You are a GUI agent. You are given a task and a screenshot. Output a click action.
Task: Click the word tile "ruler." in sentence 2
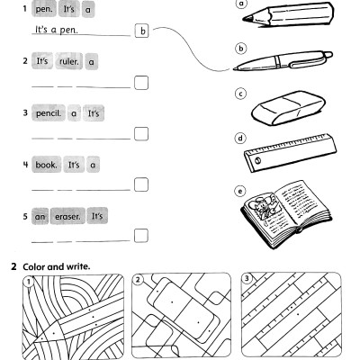click(69, 61)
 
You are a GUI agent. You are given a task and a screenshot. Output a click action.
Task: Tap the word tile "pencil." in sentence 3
click(49, 113)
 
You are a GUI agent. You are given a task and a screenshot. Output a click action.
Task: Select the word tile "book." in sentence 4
click(46, 165)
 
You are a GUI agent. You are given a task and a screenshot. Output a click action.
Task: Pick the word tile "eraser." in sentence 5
click(67, 216)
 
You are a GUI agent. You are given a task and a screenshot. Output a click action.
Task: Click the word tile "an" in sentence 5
click(40, 216)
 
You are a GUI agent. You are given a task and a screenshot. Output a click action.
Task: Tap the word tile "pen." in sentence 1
click(44, 9)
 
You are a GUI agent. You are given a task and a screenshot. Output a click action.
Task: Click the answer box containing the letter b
click(142, 31)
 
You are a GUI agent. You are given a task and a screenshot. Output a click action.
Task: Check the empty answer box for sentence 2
click(141, 83)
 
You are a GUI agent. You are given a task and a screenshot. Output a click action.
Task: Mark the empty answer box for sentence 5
click(141, 236)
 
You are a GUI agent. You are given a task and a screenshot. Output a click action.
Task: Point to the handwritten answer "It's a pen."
click(57, 30)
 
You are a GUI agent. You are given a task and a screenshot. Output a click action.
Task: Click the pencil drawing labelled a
click(288, 15)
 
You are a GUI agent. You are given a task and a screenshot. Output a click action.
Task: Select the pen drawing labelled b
click(283, 60)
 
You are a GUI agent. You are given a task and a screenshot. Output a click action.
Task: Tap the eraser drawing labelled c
click(288, 108)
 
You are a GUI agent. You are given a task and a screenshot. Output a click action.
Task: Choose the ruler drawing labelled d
click(290, 153)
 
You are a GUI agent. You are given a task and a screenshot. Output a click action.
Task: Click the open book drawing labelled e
click(286, 214)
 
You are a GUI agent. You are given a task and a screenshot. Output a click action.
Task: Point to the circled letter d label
click(240, 139)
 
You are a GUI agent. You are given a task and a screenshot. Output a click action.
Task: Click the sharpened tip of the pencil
click(244, 19)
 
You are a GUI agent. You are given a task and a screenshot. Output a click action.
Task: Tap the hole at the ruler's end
click(257, 161)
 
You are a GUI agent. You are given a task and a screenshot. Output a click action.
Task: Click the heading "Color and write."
click(57, 266)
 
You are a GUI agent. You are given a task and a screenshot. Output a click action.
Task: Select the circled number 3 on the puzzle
click(247, 279)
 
